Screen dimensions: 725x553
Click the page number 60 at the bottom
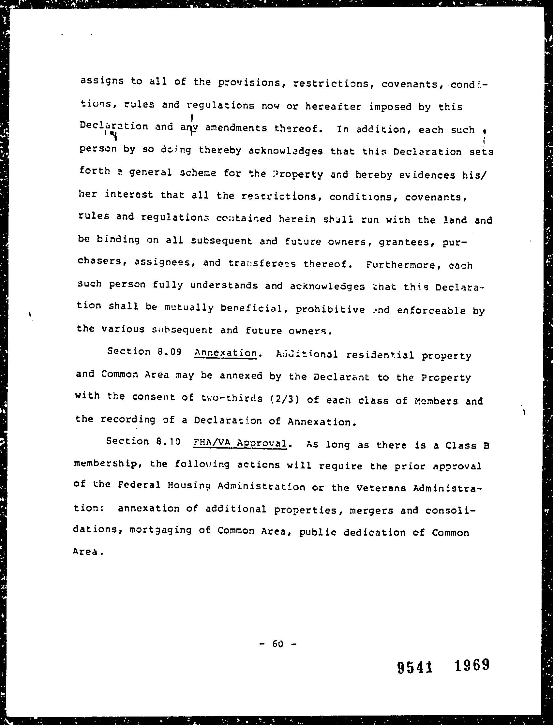point(278,644)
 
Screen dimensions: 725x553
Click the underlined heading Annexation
point(226,353)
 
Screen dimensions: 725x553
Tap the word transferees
point(262,264)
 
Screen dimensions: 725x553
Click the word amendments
point(236,128)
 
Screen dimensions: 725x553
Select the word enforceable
point(431,310)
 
